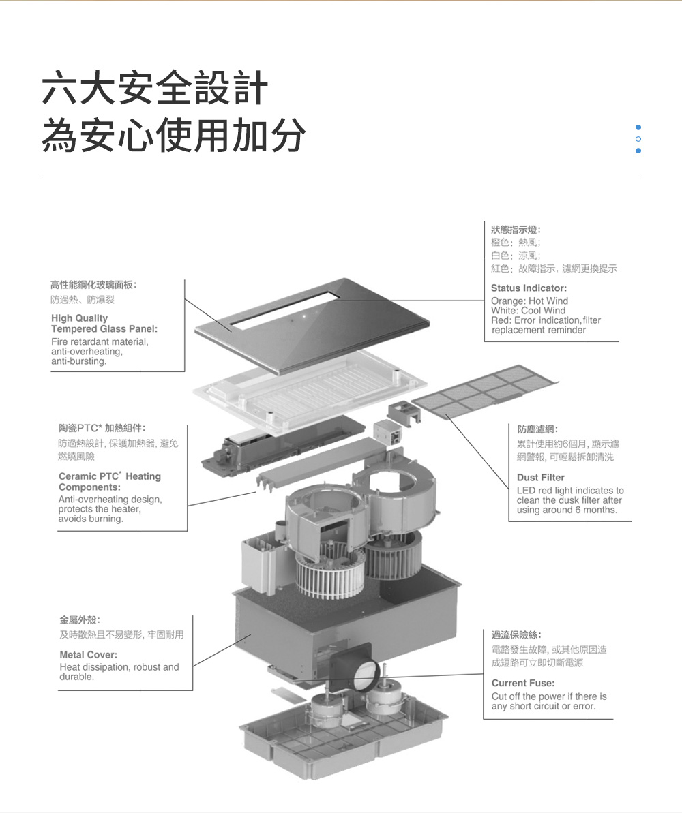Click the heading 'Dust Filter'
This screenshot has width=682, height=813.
(x=541, y=478)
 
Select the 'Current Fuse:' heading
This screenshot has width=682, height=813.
(x=523, y=683)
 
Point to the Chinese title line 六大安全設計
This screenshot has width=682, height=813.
(x=155, y=89)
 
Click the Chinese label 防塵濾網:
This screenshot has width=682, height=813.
(x=538, y=429)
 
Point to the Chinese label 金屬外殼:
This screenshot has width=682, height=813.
(x=80, y=620)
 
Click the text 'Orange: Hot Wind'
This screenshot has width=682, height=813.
(x=529, y=301)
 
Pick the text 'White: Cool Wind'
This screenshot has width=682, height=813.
(x=528, y=311)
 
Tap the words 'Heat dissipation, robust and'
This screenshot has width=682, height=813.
(x=119, y=666)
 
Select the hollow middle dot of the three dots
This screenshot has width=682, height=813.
(x=638, y=139)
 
